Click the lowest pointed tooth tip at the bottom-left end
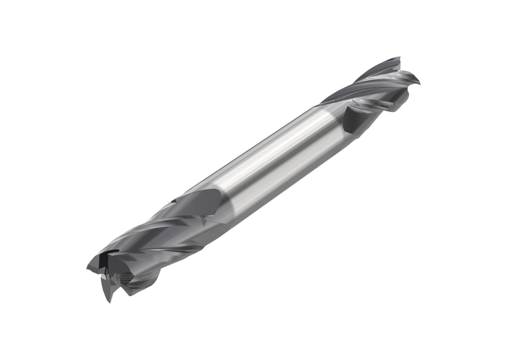click(109, 301)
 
